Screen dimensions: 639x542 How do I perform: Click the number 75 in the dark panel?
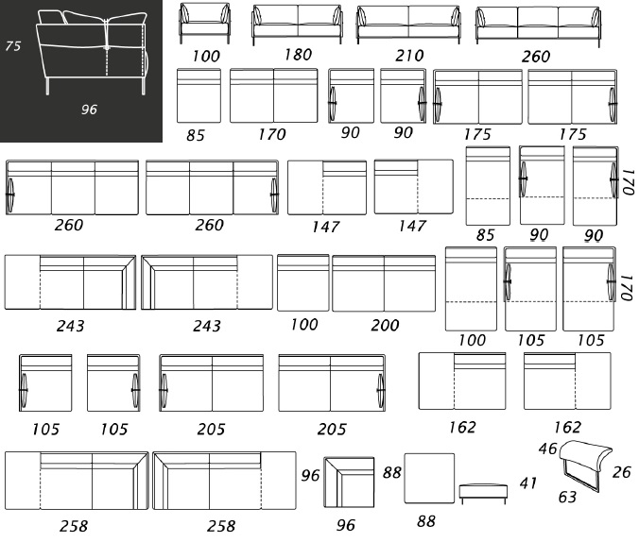[x=12, y=45]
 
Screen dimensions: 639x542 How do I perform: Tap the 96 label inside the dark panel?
[x=89, y=110]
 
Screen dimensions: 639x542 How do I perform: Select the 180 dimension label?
[x=298, y=54]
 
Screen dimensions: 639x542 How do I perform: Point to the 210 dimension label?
[x=409, y=56]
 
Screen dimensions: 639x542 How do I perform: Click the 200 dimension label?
[x=385, y=325]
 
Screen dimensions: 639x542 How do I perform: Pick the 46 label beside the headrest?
[x=547, y=449]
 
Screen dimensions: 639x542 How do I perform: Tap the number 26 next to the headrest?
[x=621, y=472]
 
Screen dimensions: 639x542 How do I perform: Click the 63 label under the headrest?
[x=567, y=497]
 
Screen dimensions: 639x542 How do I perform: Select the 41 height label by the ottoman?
[x=528, y=483]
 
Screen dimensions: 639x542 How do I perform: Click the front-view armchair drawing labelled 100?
[x=204, y=24]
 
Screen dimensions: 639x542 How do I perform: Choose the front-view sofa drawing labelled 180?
[x=297, y=25]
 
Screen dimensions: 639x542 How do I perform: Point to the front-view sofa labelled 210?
[x=408, y=25]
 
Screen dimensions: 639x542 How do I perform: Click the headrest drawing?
[x=586, y=464]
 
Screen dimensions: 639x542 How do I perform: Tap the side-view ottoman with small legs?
[x=483, y=494]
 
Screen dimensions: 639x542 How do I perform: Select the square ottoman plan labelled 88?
[x=429, y=479]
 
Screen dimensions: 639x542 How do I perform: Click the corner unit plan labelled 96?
[x=349, y=483]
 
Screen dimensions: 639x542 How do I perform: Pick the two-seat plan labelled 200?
[x=384, y=283]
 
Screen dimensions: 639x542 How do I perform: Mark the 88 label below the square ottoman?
[x=426, y=521]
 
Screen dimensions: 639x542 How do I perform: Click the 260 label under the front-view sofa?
[x=536, y=57]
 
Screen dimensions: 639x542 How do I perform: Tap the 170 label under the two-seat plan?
[x=272, y=134]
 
